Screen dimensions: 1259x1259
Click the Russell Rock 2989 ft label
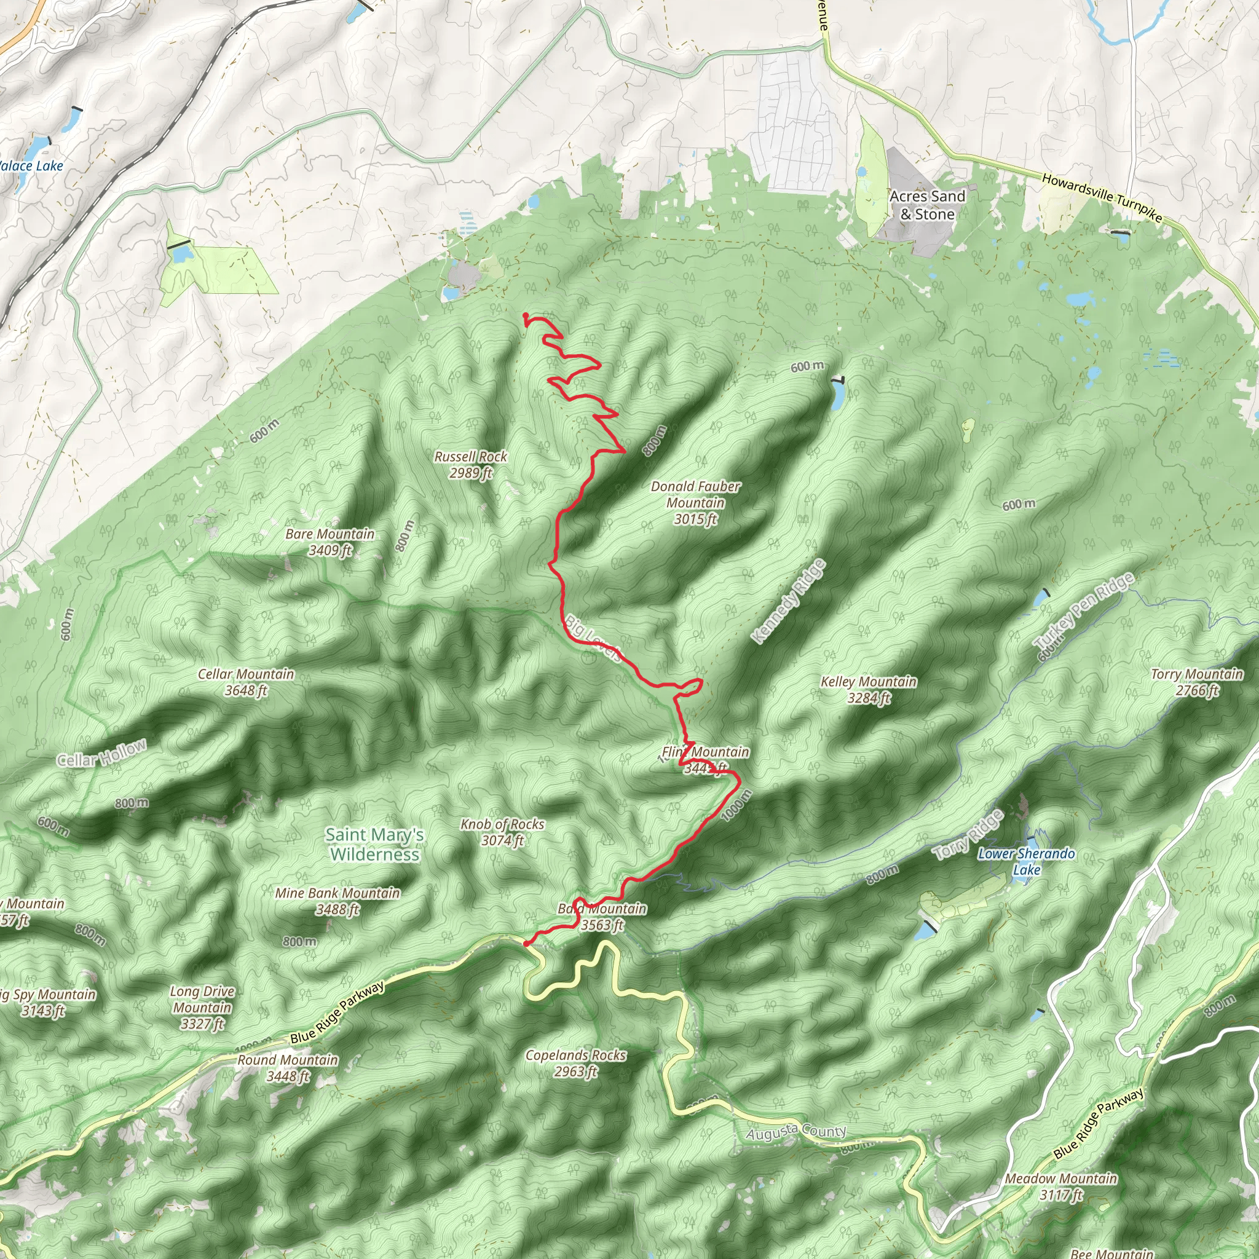click(470, 465)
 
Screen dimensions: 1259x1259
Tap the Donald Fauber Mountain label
click(695, 502)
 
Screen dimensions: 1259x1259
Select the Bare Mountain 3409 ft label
click(330, 542)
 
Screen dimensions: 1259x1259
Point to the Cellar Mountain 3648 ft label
click(246, 682)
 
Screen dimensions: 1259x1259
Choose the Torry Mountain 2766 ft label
click(1196, 682)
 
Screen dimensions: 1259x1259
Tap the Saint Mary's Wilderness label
click(375, 844)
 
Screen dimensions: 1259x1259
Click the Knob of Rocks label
click(502, 832)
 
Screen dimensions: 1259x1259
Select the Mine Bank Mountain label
click(337, 901)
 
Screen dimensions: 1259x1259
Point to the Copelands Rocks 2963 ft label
click(575, 1063)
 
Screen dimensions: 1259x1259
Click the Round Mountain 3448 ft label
click(287, 1068)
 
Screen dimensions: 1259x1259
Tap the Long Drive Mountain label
click(202, 1008)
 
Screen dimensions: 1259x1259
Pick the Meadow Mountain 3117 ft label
click(1061, 1186)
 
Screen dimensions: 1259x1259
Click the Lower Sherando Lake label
click(1027, 861)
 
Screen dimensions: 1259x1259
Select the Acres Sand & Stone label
click(926, 205)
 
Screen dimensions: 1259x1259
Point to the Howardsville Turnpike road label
click(1101, 198)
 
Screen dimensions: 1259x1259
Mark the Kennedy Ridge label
click(789, 601)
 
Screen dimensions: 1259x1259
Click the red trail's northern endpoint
click(525, 316)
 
